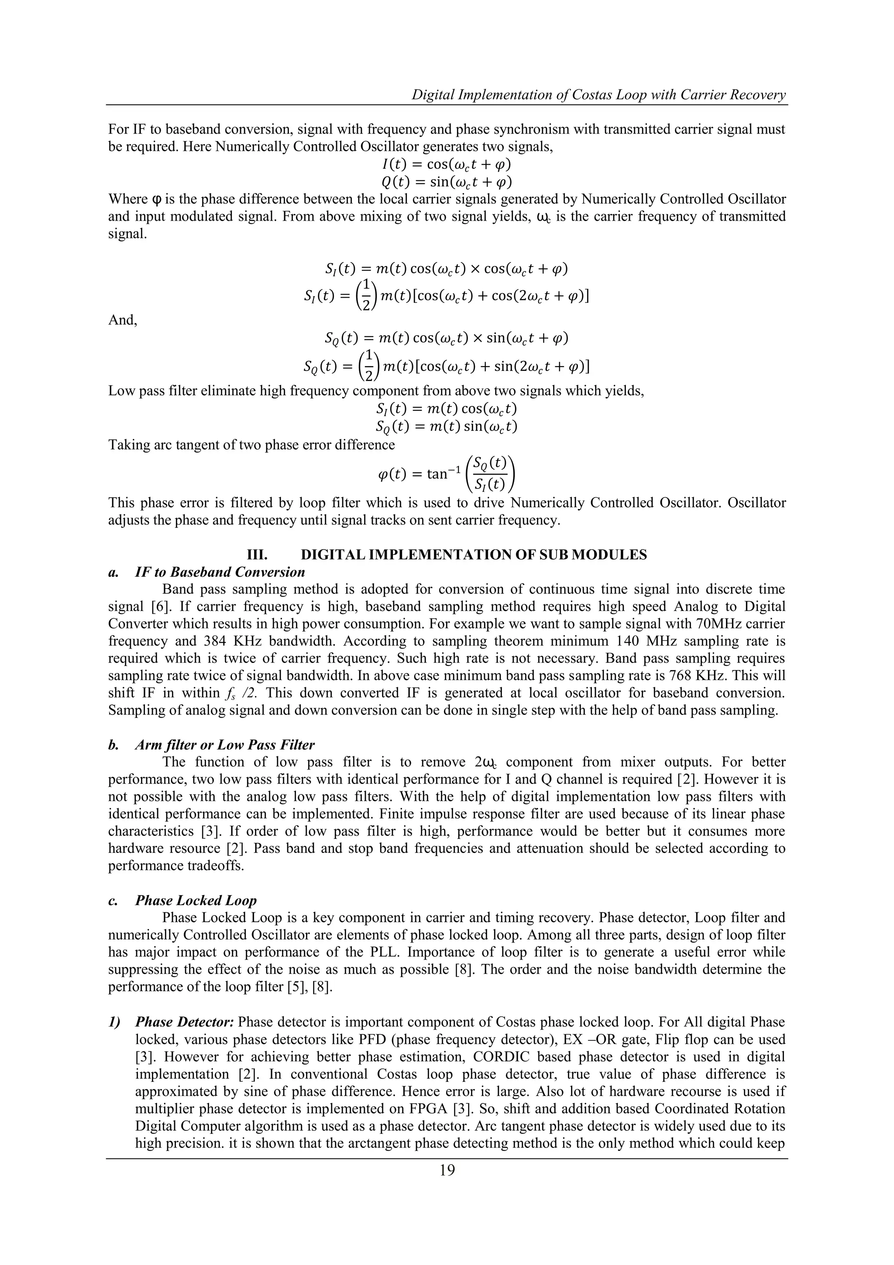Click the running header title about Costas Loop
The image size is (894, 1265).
[x=599, y=95]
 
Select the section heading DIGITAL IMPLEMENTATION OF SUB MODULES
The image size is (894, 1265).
[x=474, y=555]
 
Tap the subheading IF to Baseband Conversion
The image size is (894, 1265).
[x=220, y=572]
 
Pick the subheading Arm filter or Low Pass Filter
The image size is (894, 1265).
[x=225, y=745]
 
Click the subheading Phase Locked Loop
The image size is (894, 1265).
[x=196, y=900]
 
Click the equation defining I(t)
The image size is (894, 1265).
[x=447, y=164]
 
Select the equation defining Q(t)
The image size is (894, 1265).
[x=447, y=182]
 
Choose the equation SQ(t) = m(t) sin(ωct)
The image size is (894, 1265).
[x=447, y=426]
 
